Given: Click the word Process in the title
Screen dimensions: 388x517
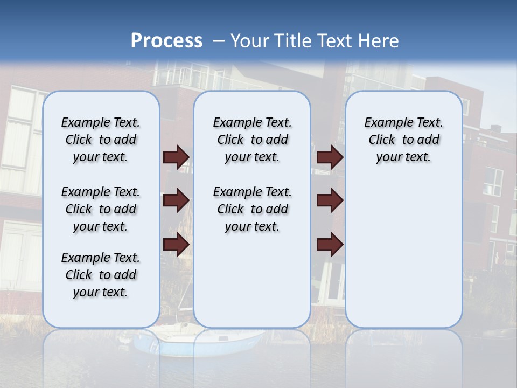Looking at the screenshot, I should [166, 41].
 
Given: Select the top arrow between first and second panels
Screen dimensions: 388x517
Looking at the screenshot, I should [176, 157].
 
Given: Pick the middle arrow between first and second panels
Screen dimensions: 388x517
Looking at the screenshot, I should [176, 200].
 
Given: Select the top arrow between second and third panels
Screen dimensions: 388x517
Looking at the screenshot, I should [330, 157].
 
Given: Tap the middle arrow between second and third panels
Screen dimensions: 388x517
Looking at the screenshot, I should [330, 200].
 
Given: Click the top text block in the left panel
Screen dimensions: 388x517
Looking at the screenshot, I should [101, 140].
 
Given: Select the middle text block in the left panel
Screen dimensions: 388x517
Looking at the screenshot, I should [101, 209].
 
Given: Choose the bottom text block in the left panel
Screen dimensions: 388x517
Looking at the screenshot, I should [101, 275].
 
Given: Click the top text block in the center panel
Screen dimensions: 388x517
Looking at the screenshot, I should [253, 140].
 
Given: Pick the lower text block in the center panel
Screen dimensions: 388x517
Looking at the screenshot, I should [253, 209].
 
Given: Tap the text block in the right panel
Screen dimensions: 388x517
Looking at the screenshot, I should [404, 140].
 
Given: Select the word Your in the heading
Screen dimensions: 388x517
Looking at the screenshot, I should [250, 41].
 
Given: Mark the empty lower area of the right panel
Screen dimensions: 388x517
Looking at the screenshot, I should [404, 253].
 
